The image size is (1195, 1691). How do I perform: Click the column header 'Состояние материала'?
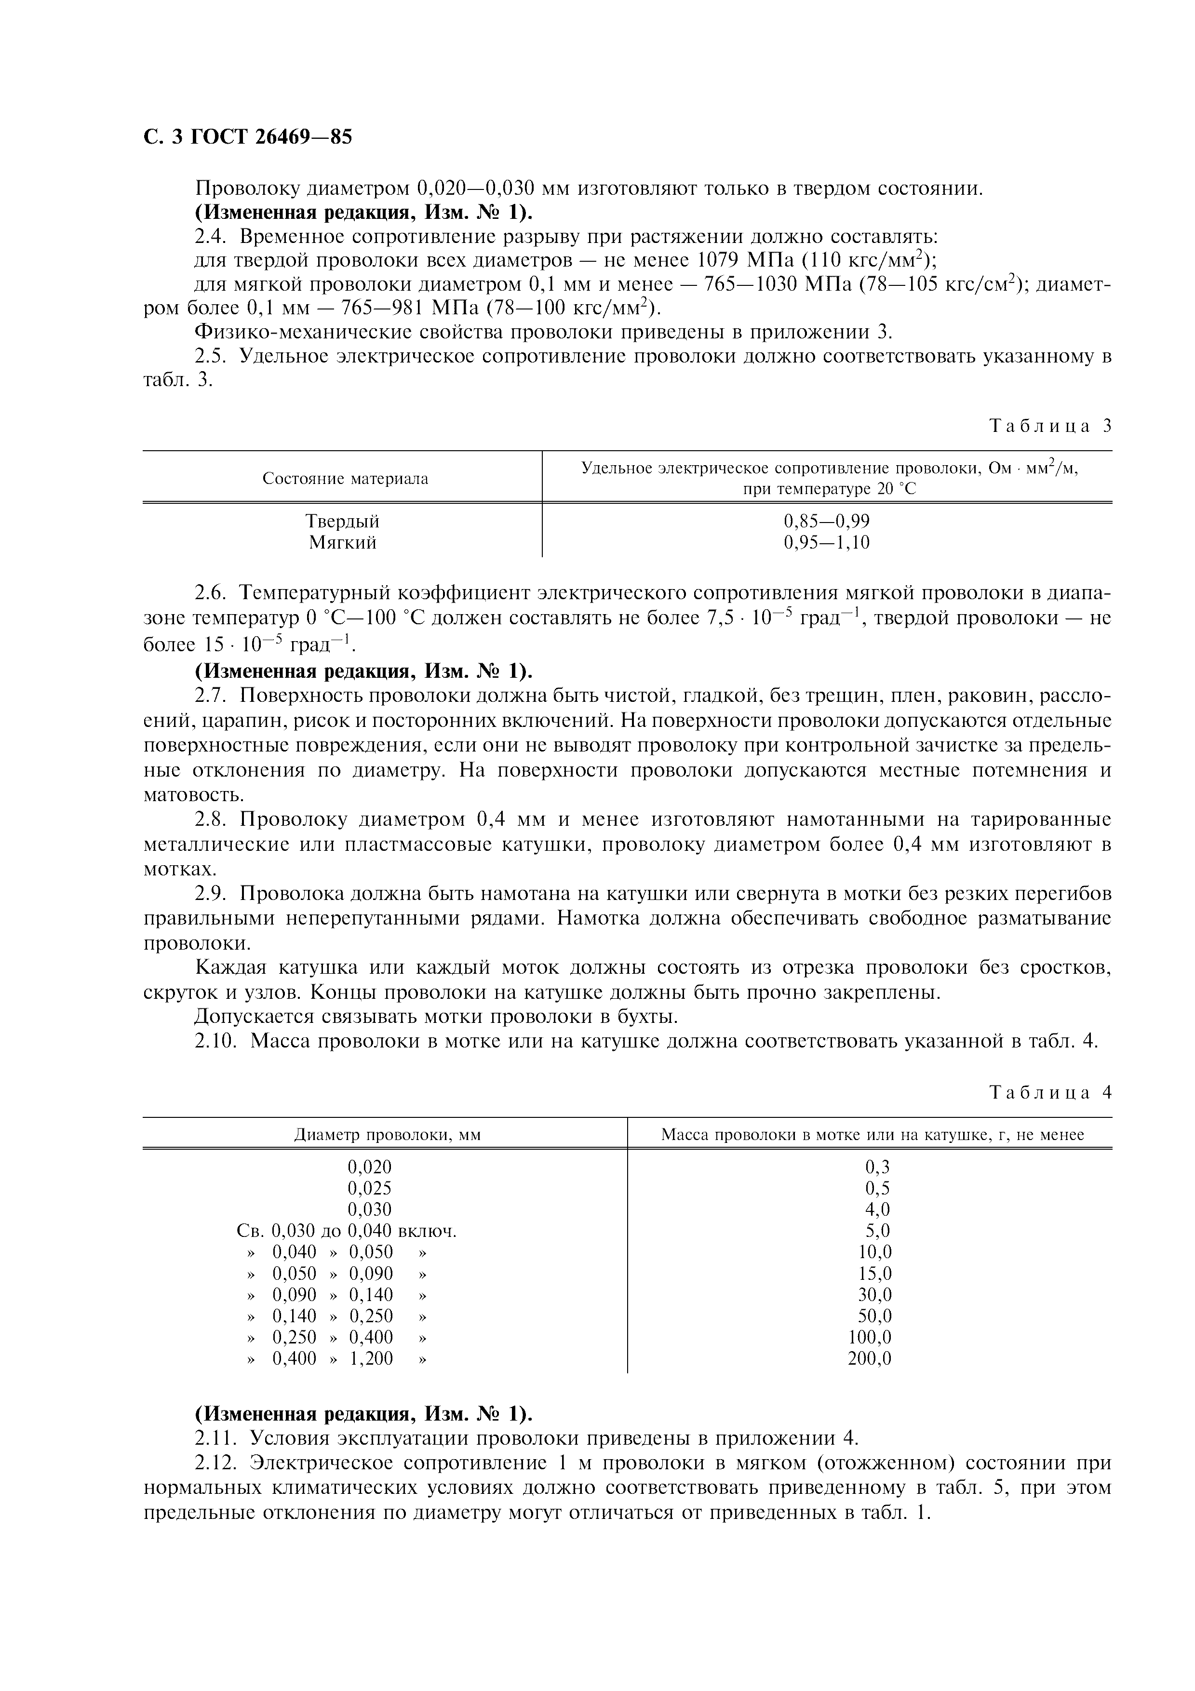coord(345,479)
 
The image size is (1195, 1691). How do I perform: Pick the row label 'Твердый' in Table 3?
coord(342,522)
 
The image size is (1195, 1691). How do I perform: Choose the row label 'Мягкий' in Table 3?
coord(342,543)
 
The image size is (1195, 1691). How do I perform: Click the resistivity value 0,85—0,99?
coord(827,522)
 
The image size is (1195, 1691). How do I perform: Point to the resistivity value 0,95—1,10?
coord(827,543)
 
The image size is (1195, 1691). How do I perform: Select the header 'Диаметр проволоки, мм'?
coord(387,1134)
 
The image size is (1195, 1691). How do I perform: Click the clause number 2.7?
coord(212,696)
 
